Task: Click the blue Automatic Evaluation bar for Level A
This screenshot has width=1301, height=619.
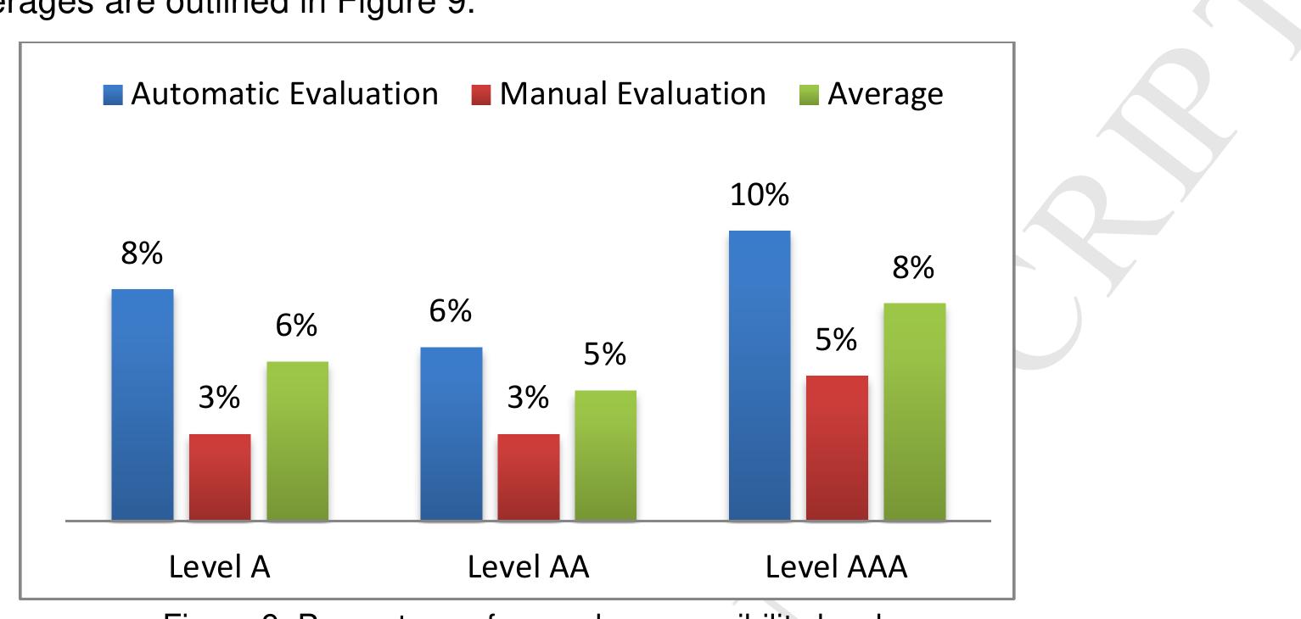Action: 143,404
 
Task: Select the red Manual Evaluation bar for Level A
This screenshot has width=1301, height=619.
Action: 220,477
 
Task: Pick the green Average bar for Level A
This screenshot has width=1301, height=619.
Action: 298,440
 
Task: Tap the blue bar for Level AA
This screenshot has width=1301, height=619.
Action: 451,433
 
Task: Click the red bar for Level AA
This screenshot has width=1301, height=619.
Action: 529,477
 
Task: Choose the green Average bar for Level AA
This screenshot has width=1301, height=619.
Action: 606,454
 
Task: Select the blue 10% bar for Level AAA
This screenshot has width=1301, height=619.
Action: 760,375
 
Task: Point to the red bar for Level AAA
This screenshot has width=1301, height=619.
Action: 837,447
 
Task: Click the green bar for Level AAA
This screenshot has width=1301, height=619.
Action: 914,411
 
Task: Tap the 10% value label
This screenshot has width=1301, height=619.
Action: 760,196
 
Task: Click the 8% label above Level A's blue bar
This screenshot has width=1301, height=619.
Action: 142,254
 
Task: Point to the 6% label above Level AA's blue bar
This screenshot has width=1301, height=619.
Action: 451,312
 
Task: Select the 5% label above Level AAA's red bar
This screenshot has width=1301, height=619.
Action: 837,341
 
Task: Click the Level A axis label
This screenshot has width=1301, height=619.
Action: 220,567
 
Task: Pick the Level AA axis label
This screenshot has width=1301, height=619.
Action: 529,567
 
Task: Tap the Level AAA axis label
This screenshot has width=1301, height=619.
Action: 837,567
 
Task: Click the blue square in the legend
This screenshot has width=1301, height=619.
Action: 113,95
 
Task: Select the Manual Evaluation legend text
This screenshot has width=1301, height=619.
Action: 633,94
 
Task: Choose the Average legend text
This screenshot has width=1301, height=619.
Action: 885,94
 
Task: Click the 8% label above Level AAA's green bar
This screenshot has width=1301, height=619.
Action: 914,269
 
